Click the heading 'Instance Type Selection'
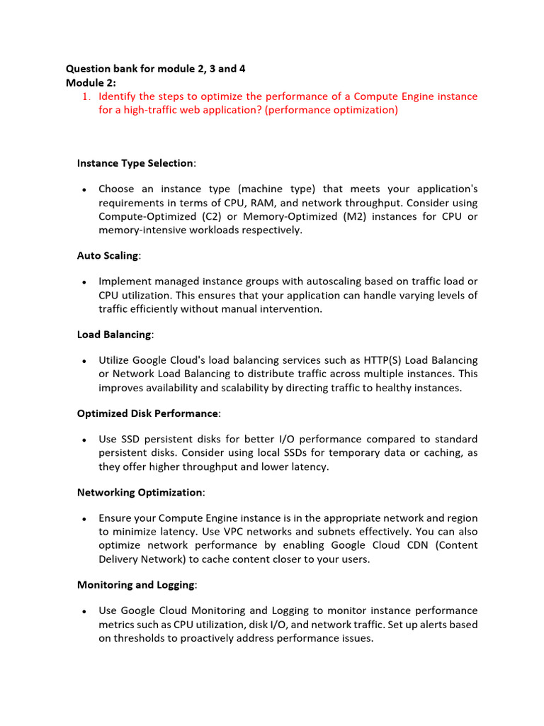[135, 163]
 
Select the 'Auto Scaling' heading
[108, 255]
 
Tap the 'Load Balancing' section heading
[113, 334]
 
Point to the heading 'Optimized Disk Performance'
[147, 413]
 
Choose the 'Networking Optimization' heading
[140, 491]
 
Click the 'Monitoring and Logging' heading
[136, 584]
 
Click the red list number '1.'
[88, 96]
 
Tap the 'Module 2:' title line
[91, 82]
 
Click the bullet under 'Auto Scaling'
[84, 282]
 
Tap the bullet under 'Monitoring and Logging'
[84, 610]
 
